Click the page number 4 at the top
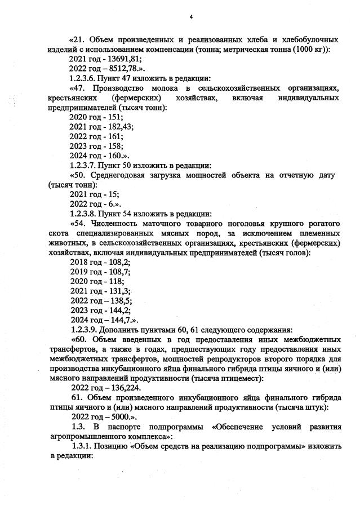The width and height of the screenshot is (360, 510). (191, 17)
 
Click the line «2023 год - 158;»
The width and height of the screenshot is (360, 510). (96, 146)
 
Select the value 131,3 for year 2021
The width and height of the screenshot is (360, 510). (118, 291)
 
